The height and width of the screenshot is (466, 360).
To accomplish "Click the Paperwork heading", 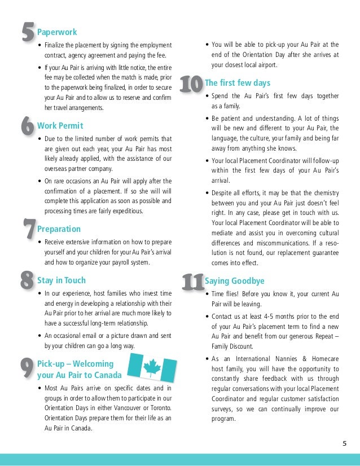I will pyautogui.click(x=57, y=32).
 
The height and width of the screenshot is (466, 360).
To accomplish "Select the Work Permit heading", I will pyautogui.click(x=60, y=125).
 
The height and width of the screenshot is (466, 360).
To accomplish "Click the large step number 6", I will pyautogui.click(x=26, y=126).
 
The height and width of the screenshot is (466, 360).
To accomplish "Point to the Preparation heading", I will pyautogui.click(x=59, y=229).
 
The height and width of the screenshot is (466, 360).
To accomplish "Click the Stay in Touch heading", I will pyautogui.click(x=62, y=280).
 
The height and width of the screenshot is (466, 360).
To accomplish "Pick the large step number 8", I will pyautogui.click(x=26, y=280).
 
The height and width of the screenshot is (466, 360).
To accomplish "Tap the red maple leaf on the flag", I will pyautogui.click(x=151, y=368).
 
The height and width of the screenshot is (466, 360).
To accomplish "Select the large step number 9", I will pyautogui.click(x=26, y=370).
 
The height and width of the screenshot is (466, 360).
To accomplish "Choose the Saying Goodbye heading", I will pyautogui.click(x=235, y=280).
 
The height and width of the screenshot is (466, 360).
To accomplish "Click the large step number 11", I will pyautogui.click(x=192, y=282).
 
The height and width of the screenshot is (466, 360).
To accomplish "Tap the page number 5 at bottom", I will pyautogui.click(x=344, y=443).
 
